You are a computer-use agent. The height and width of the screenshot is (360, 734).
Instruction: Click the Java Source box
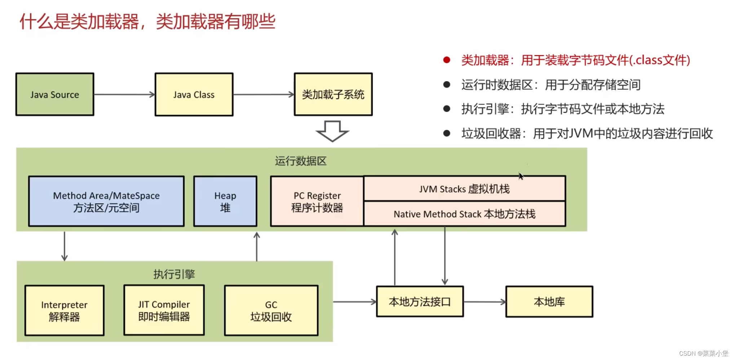55,94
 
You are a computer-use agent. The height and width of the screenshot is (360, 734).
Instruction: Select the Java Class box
194,94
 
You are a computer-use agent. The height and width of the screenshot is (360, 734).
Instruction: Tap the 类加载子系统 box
333,94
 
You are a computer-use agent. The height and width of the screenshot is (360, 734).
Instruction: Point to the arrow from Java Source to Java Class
124,94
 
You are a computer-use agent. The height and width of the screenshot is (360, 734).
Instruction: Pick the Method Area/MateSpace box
106,201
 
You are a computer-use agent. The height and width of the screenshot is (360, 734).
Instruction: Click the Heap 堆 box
225,201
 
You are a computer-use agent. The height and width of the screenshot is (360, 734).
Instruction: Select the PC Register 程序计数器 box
317,201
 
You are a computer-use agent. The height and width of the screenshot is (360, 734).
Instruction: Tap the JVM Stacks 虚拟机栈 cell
464,189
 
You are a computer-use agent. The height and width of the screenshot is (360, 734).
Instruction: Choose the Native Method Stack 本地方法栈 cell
464,214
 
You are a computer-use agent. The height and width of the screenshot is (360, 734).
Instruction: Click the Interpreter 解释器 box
65,311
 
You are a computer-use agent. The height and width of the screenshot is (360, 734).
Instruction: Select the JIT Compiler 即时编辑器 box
164,310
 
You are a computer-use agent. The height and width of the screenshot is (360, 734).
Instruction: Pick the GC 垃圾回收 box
271,311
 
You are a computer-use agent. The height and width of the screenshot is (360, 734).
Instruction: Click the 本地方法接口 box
420,302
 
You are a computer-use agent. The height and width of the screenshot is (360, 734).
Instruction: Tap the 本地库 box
549,302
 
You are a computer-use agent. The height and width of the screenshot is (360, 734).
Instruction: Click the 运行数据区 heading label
301,161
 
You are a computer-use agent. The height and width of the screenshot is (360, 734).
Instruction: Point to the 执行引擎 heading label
174,274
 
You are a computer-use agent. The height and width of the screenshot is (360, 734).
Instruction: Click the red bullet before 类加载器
447,60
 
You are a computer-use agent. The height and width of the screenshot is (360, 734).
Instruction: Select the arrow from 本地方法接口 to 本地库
485,302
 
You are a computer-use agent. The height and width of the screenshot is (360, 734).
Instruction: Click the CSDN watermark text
703,353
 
